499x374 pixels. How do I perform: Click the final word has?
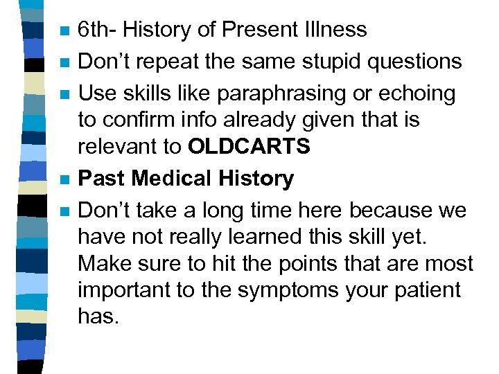pos(98,317)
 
